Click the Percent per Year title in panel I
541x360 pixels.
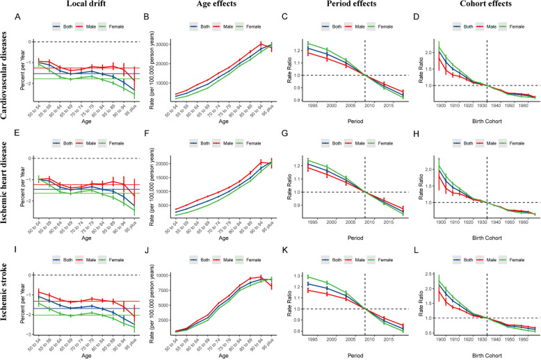coord(15,302)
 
